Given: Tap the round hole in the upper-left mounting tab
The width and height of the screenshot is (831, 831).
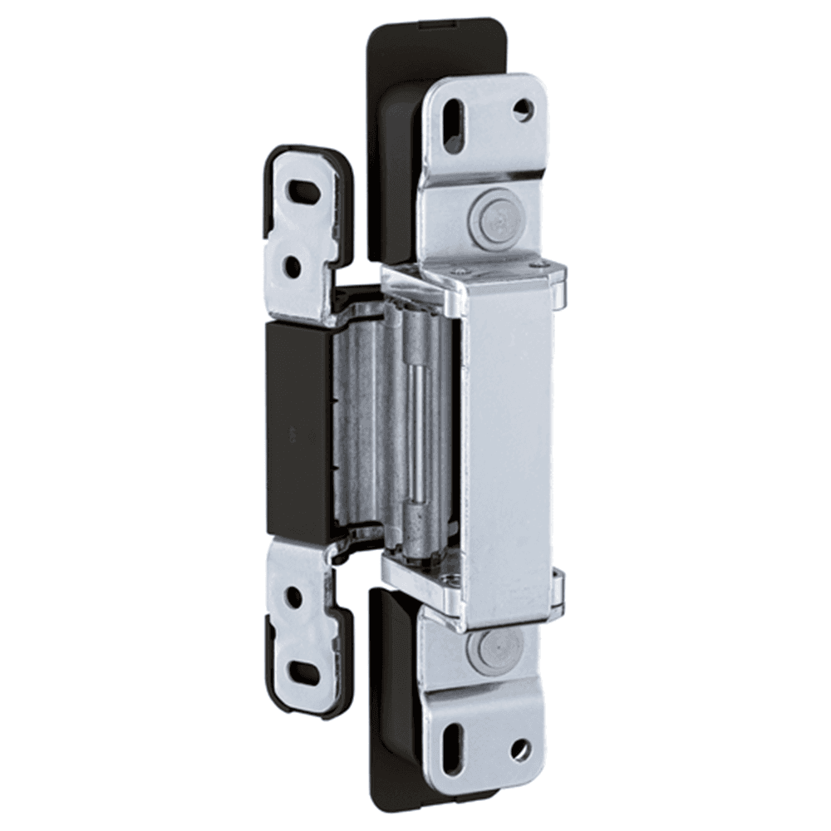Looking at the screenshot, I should coord(293,266).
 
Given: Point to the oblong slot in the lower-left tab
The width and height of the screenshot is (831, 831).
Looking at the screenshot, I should coord(304,671).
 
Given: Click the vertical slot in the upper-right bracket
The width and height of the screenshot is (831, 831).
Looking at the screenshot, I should coord(454,125).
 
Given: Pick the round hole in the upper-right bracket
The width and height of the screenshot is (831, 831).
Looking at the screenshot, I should coord(523,109).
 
